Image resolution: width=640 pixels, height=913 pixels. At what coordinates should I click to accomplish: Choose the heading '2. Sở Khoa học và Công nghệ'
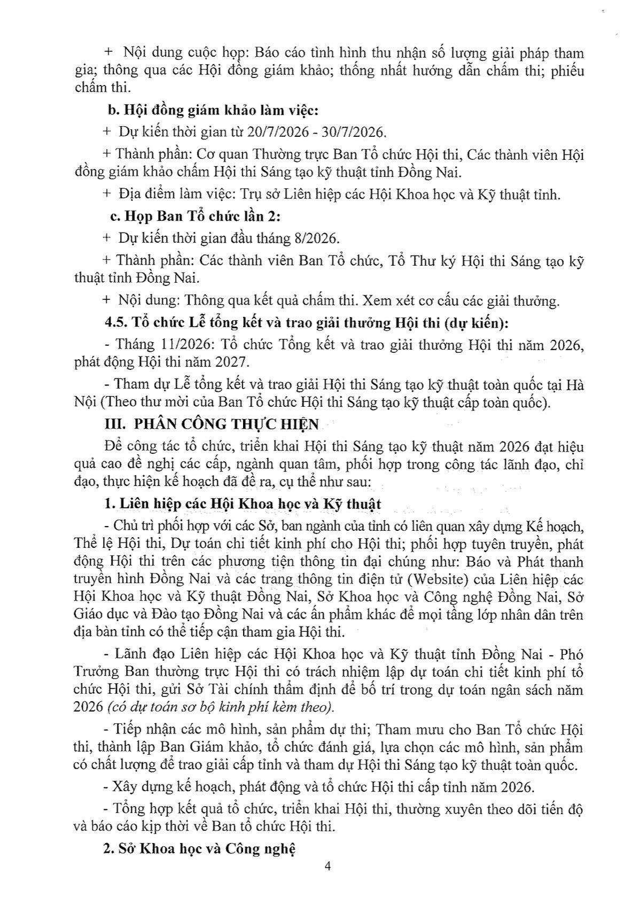pyautogui.click(x=200, y=849)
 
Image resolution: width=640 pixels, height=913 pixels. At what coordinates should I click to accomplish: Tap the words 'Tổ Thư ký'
pyautogui.click(x=421, y=261)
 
